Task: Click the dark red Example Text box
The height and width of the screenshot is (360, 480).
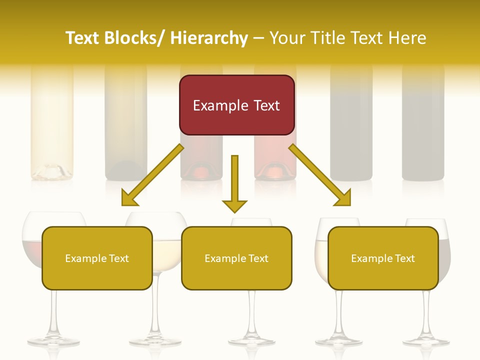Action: [x=236, y=105]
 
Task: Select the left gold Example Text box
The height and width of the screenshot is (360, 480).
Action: [x=97, y=258]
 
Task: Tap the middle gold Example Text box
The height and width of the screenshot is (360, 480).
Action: [x=236, y=258]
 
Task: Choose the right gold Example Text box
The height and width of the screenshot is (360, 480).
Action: [x=383, y=258]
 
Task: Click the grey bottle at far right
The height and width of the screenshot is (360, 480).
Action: [x=423, y=125]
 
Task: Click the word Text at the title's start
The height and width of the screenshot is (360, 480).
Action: [x=82, y=38]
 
